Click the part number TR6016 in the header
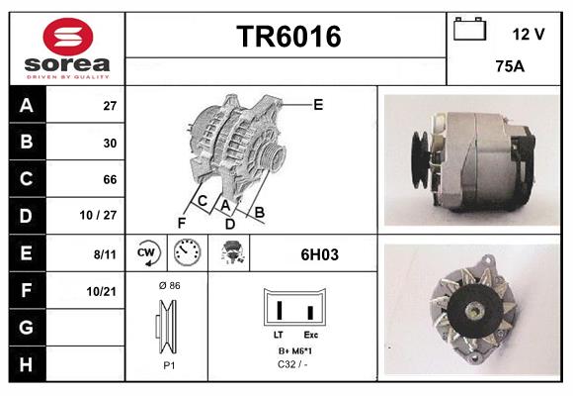tap(287, 37)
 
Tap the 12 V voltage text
tap(529, 34)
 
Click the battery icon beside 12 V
tap(468, 31)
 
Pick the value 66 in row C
tap(110, 179)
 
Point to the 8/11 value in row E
tap(105, 253)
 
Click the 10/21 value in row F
tap(102, 290)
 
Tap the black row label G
tap(26, 327)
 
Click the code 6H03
tap(319, 254)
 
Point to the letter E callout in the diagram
tap(318, 104)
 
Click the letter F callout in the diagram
tap(182, 223)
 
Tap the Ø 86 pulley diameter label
tap(168, 285)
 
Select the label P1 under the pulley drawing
tap(168, 364)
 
